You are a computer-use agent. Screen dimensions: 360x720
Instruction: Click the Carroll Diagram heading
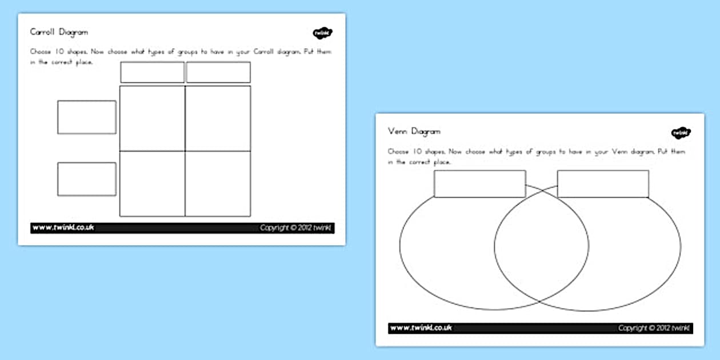pyautogui.click(x=59, y=33)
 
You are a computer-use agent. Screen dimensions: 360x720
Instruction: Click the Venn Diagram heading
pyautogui.click(x=414, y=131)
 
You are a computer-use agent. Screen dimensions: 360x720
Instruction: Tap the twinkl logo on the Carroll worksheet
pyautogui.click(x=322, y=33)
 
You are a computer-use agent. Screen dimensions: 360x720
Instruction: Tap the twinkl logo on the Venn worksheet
pyautogui.click(x=681, y=133)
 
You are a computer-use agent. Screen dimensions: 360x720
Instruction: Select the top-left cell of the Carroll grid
pyautogui.click(x=152, y=118)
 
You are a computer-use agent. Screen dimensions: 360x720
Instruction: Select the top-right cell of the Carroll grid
pyautogui.click(x=218, y=118)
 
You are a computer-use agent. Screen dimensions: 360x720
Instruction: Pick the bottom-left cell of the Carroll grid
pyautogui.click(x=152, y=183)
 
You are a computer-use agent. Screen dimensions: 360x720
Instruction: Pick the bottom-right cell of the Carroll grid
pyautogui.click(x=218, y=183)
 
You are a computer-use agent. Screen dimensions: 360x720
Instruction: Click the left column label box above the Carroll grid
pyautogui.click(x=152, y=73)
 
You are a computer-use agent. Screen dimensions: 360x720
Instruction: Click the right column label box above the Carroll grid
pyautogui.click(x=218, y=73)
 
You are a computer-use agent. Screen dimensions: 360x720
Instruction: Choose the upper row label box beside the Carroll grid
pyautogui.click(x=86, y=117)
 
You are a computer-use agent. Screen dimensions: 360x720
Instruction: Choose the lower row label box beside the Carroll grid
pyautogui.click(x=86, y=179)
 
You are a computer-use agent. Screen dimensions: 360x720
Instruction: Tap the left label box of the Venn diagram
pyautogui.click(x=479, y=184)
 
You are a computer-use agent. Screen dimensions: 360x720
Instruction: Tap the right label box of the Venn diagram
pyautogui.click(x=603, y=184)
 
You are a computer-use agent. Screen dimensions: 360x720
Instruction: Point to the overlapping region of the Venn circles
pyautogui.click(x=541, y=246)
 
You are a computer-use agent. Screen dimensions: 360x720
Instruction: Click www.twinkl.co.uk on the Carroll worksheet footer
pyautogui.click(x=63, y=228)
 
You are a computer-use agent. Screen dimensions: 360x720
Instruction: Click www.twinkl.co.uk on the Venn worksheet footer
pyautogui.click(x=421, y=328)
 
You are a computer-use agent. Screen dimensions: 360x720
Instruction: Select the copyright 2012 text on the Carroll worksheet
pyautogui.click(x=295, y=228)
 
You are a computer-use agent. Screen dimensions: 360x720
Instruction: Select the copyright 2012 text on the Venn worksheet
pyautogui.click(x=654, y=328)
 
